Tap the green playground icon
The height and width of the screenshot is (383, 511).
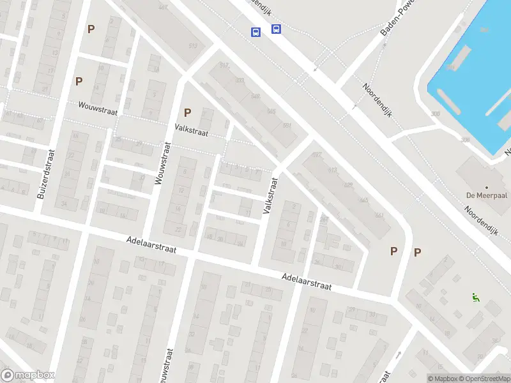pos(475,297)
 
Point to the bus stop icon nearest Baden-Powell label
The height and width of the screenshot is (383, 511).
pos(277,29)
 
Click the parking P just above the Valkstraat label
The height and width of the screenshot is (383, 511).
pos(187,113)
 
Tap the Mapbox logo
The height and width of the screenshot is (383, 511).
pos(29,375)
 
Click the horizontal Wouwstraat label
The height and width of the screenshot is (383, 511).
pos(98,110)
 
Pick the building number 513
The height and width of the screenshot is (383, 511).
pos(193,45)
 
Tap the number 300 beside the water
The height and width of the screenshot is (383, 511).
pos(436,114)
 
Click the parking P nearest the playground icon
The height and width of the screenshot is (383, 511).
pos(417,252)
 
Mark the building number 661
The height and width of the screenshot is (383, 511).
pos(379,215)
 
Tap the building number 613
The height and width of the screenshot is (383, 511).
pos(332,170)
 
